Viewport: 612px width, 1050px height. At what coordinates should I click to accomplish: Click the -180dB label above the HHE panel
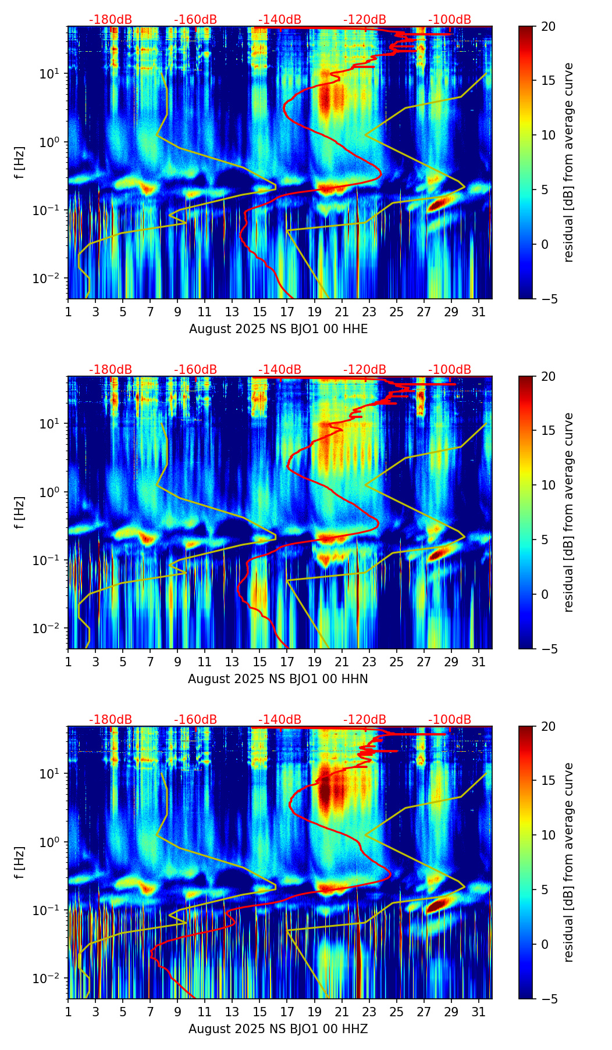111,20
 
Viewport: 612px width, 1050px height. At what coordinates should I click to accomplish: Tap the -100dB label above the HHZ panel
450,720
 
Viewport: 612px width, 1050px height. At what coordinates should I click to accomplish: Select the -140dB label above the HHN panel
280,370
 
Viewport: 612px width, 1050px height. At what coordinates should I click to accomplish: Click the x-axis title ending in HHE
278,329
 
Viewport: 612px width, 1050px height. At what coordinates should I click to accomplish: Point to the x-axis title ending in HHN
278,679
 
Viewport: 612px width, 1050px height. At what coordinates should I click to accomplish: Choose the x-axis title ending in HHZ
278,1029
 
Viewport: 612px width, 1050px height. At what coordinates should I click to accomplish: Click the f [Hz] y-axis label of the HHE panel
20,163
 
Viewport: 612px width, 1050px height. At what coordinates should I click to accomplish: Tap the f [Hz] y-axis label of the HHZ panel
20,863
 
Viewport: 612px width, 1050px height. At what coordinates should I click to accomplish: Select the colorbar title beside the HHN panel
568,512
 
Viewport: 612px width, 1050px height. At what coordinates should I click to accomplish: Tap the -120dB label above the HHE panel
365,20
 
